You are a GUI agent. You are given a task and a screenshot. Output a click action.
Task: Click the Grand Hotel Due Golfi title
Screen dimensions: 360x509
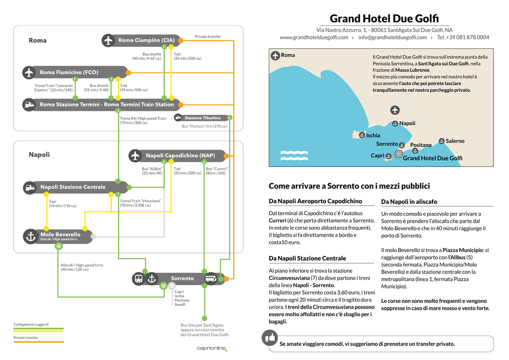tap(384, 19)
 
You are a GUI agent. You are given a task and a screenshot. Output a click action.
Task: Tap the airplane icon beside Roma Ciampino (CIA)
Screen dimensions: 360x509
tap(108, 40)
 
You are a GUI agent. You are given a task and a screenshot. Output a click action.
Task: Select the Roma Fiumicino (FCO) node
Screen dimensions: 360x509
tap(69, 73)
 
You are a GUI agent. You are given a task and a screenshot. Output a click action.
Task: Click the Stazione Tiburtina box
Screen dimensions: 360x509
tap(202, 118)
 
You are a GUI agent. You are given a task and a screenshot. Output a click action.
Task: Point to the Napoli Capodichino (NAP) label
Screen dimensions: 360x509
tap(180, 156)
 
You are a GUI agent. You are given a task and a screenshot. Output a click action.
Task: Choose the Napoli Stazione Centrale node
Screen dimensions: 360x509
tap(73, 187)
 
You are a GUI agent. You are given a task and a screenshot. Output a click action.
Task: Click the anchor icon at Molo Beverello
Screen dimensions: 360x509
tap(31, 236)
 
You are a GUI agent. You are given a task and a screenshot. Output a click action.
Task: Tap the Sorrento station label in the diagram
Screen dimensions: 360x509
tap(182, 278)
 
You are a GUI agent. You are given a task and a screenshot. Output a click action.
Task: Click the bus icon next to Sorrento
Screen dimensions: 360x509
tap(211, 278)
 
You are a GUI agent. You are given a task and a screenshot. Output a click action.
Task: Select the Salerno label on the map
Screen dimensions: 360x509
tap(455, 141)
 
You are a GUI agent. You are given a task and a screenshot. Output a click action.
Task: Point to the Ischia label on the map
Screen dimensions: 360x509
tap(373, 135)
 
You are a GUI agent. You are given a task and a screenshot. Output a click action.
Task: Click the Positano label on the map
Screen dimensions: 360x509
tap(421, 145)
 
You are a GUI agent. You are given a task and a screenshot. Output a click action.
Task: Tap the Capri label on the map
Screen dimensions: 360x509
tap(377, 156)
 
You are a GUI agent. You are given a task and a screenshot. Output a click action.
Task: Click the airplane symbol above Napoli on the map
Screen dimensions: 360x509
tap(395, 110)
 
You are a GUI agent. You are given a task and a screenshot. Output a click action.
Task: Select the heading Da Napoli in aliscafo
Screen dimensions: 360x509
tap(409, 201)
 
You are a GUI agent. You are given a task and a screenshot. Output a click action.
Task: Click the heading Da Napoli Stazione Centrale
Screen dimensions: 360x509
tap(307, 259)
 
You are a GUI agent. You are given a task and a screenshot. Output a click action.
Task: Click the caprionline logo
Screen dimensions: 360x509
tap(212, 348)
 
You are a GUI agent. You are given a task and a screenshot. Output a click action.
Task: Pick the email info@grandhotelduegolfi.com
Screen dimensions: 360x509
tap(392, 37)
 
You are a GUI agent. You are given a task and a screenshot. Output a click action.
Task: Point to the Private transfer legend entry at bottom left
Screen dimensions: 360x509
tap(26, 338)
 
